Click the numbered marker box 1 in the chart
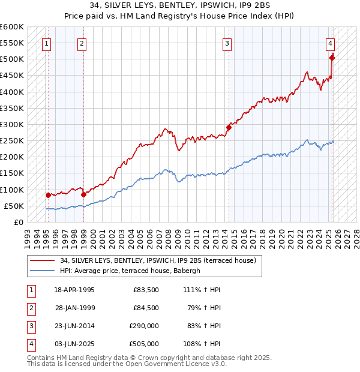tap(46, 43)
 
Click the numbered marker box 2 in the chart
tap(82, 43)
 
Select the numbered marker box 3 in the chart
tap(227, 43)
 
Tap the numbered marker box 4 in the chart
tap(331, 43)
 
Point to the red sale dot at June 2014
tap(229, 127)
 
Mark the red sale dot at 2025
tap(332, 58)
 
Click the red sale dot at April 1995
tap(47, 195)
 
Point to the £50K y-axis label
tap(14, 206)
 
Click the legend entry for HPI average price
tap(134, 271)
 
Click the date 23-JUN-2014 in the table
tap(74, 326)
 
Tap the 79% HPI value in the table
tap(204, 308)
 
